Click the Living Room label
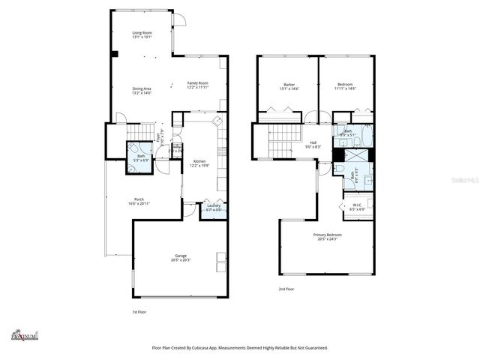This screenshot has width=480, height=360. [142, 32]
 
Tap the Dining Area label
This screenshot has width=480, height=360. [142, 88]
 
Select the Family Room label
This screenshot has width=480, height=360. [198, 82]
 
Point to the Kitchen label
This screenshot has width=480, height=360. [199, 161]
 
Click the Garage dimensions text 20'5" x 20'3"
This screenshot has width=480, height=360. [181, 259]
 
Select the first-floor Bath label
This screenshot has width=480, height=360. [141, 156]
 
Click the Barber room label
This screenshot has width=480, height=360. [289, 84]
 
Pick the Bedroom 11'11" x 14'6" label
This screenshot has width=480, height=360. [345, 84]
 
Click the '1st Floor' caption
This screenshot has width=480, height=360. [139, 311]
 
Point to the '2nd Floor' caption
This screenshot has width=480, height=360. [286, 289]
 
